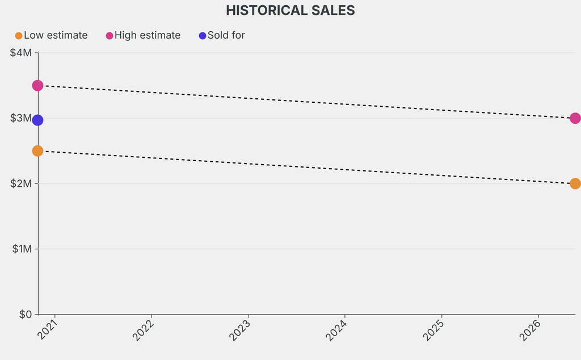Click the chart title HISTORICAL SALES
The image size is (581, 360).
290,11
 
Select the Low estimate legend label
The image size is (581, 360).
56,35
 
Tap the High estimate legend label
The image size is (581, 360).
148,35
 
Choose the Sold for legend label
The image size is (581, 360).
226,35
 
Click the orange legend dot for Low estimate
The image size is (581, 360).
19,36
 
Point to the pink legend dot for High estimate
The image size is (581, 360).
110,36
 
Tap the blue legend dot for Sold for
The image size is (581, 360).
203,36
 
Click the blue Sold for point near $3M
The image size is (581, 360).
37,120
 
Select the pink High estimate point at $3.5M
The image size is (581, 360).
37,86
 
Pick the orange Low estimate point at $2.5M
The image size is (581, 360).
37,151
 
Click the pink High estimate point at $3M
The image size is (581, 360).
575,118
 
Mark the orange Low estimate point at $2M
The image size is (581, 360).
575,183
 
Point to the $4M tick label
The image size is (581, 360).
22,53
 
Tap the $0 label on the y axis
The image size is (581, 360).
26,314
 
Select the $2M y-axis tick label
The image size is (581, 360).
22,183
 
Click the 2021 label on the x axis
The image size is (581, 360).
48,330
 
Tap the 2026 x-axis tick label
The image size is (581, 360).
531,330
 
